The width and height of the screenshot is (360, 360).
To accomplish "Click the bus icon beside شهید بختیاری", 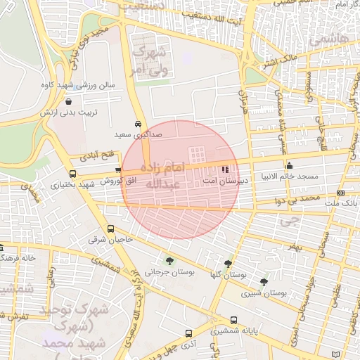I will click(72, 174).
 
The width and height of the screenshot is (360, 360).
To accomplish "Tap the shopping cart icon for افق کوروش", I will click(118, 170).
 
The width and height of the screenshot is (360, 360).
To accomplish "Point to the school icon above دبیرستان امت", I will click(224, 169).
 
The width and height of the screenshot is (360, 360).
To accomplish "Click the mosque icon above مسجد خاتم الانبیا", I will click(289, 165).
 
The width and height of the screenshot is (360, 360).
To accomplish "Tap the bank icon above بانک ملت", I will click(341, 193).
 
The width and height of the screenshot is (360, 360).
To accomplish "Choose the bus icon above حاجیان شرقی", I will click(110, 229).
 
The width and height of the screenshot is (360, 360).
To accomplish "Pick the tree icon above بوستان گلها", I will click(228, 263).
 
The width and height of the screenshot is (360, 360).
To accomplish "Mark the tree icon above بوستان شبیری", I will click(264, 282).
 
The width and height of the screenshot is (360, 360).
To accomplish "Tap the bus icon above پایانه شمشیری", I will click(233, 319).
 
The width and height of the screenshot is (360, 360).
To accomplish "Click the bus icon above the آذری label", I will click(188, 333).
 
